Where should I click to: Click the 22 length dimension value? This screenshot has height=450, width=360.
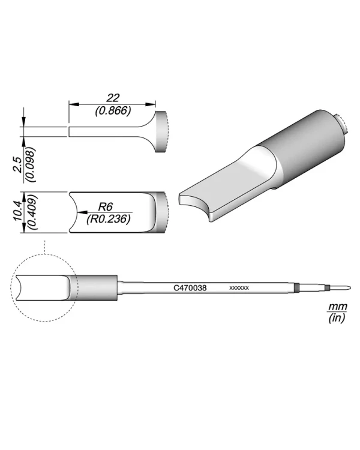tap(113, 98)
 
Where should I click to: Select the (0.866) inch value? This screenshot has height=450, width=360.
tap(113, 110)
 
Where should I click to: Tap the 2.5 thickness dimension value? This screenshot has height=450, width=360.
tap(17, 164)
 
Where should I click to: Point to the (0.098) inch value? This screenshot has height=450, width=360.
tap(31, 165)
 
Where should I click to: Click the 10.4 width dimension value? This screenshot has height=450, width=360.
tap(17, 211)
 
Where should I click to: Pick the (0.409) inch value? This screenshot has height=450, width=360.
tap(32, 212)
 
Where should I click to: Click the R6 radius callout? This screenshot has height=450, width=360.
tap(106, 206)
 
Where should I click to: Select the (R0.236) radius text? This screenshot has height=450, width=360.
tap(109, 219)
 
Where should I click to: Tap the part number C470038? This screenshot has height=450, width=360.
tap(190, 288)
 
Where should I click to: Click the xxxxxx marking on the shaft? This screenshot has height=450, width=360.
tap(239, 288)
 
